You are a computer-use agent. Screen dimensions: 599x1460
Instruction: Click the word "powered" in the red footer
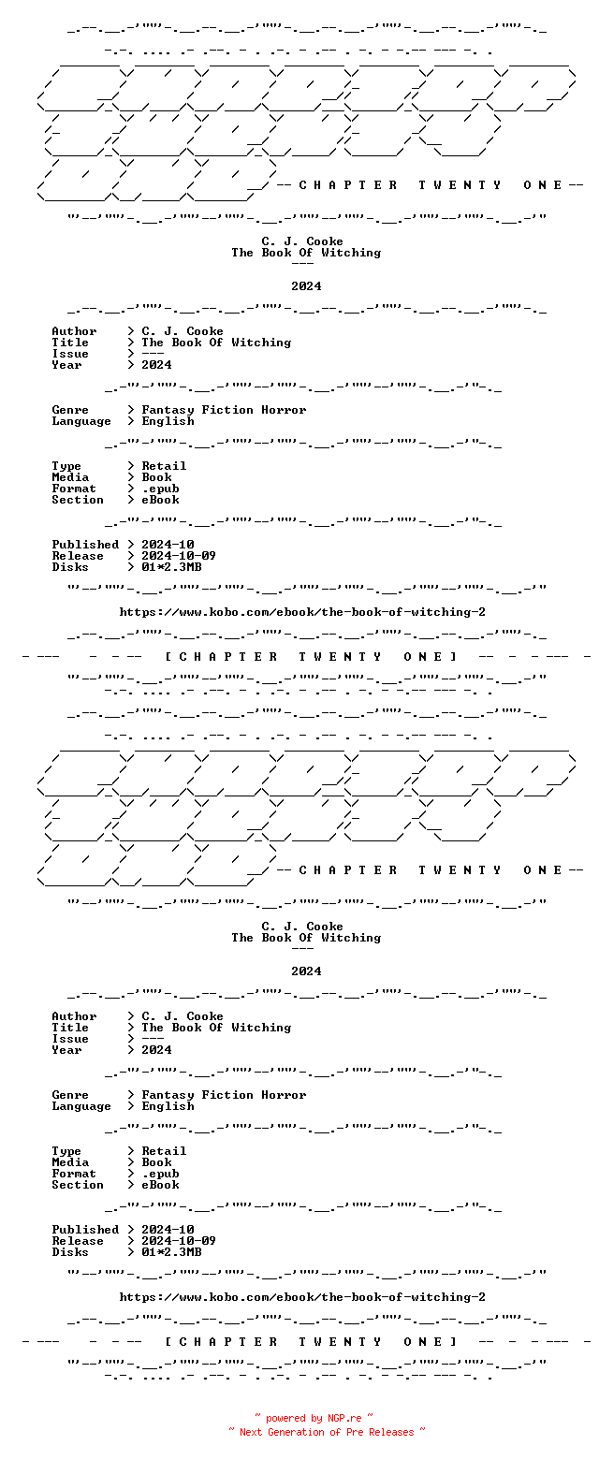285,1418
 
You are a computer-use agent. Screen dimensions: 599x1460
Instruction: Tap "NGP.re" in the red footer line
344,1418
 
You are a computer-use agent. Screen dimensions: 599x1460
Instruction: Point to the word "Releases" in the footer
391,1432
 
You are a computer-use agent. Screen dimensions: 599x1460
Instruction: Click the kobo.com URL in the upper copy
302,612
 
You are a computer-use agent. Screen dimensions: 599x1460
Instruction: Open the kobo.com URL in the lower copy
302,1297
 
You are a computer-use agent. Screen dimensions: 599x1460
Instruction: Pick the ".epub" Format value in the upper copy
160,489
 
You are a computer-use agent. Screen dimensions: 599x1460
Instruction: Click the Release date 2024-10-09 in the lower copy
179,1241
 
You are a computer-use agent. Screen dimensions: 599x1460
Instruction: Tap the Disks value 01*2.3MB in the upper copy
171,567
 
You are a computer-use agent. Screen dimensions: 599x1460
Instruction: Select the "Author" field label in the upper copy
74,331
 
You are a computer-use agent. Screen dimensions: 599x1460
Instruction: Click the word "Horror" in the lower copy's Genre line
284,1095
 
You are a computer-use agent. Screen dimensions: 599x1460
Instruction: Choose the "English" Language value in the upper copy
168,421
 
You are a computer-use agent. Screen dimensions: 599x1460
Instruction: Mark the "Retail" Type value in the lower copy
164,1151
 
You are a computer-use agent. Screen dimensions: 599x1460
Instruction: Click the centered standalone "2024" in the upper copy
306,286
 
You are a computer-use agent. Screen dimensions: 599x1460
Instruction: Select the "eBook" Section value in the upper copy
160,500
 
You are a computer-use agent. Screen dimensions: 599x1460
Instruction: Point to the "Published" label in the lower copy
85,1230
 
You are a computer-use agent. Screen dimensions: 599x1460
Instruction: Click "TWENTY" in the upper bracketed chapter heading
341,657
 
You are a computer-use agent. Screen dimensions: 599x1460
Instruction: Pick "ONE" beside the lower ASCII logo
542,870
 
